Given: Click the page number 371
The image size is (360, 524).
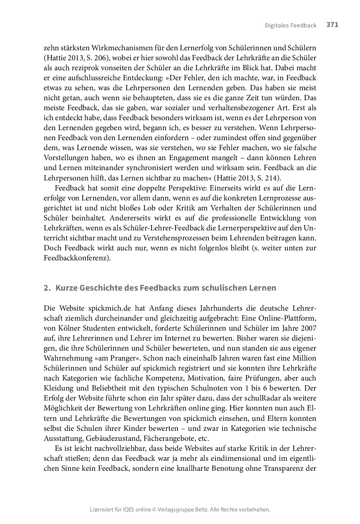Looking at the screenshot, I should click(332, 25).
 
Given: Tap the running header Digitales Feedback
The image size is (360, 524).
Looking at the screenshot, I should click(291, 26).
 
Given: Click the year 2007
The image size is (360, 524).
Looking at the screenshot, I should click(308, 328).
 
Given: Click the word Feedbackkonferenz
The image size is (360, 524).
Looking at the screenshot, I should click(77, 258).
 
